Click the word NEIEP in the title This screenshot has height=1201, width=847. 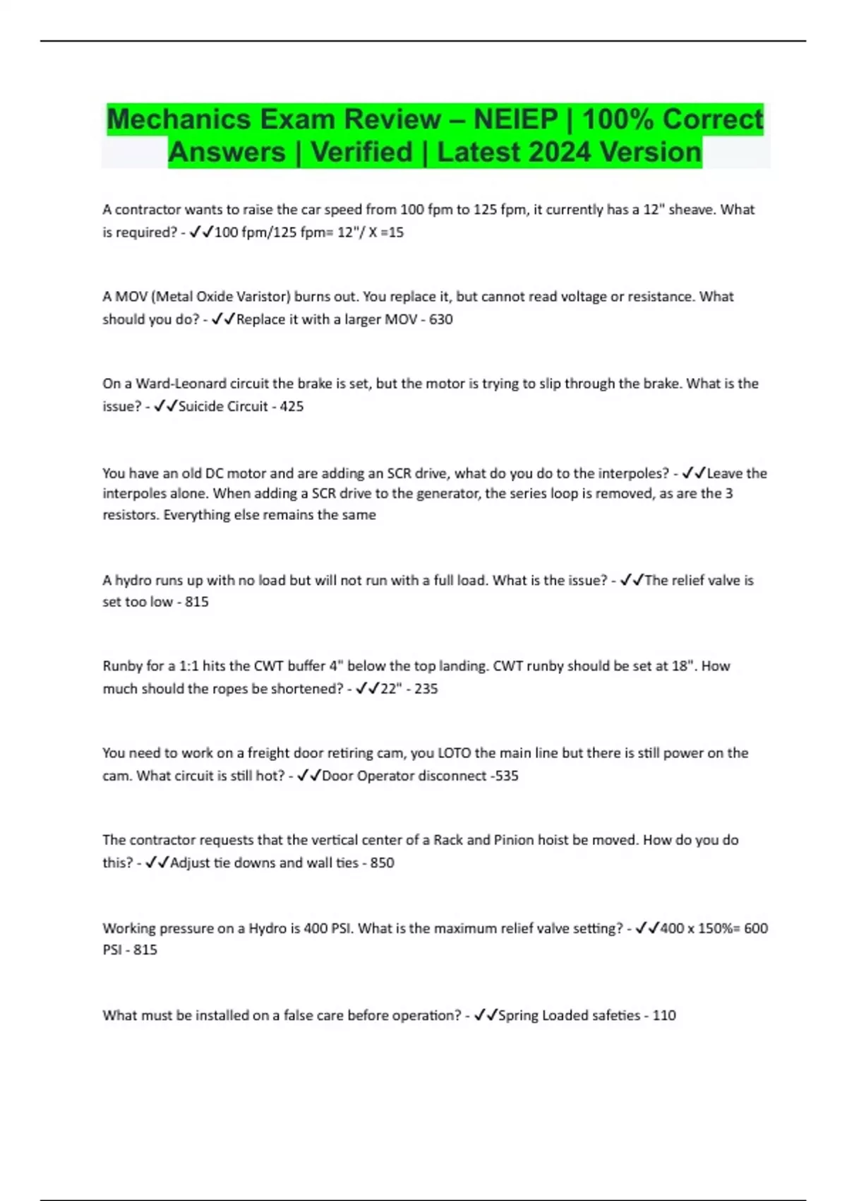(x=515, y=119)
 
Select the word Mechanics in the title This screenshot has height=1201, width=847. (x=179, y=119)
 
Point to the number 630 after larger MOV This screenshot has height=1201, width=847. (x=441, y=319)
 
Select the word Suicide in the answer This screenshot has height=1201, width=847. (x=203, y=406)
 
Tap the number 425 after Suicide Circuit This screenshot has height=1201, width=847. (x=292, y=406)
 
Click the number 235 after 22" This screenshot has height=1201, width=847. (x=426, y=689)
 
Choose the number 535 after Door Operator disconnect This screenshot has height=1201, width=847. (x=507, y=776)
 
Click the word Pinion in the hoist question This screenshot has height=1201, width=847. (x=514, y=840)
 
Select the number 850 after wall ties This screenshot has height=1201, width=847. (x=383, y=863)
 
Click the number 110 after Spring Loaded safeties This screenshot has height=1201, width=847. (x=664, y=1015)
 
